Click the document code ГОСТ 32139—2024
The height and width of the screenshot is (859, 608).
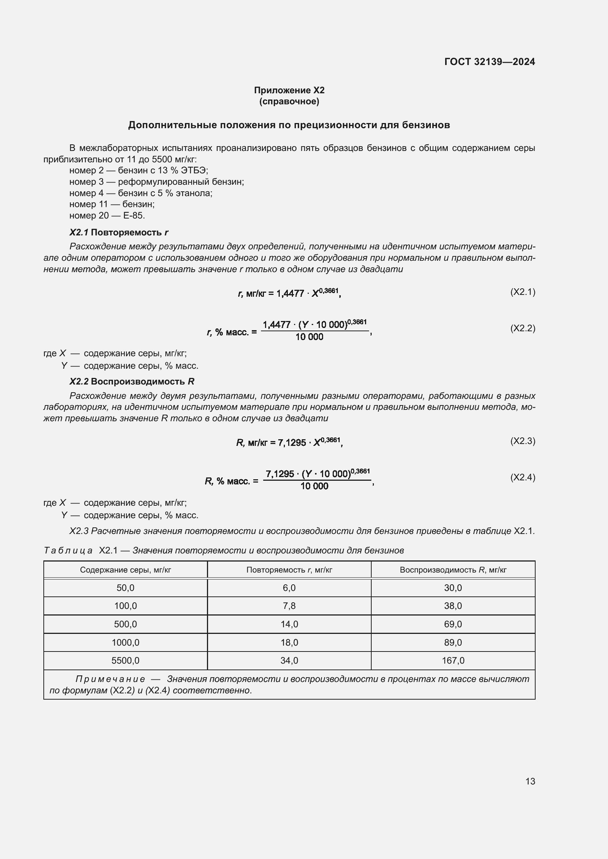pos(489,62)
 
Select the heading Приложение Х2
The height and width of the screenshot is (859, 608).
pos(289,90)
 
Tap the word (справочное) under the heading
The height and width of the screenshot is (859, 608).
pos(289,101)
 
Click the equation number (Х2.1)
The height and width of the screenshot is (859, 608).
pos(523,292)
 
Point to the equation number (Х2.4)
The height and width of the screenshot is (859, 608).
pos(523,477)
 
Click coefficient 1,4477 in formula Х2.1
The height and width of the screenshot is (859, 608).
pos(290,294)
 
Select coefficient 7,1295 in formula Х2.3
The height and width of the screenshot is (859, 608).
pos(292,443)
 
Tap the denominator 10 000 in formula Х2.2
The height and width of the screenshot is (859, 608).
pos(309,337)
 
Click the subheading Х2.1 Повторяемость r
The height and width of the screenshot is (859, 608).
pos(119,232)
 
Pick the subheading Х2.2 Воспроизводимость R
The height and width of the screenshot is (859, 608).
pos(132,382)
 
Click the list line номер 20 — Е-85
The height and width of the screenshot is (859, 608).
pos(107,216)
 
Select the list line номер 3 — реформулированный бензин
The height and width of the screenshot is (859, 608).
pos(157,182)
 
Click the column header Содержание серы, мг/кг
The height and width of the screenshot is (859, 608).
pos(125,570)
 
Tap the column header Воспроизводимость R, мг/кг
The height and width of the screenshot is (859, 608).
pos(453,570)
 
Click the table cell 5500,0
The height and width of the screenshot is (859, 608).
pos(125,661)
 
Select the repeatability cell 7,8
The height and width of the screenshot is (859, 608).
pos(289,606)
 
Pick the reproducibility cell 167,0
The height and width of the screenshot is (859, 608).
pos(453,661)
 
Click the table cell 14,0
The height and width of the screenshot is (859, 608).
pos(289,624)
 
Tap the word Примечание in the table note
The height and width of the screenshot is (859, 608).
pos(110,679)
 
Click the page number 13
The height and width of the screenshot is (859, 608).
pos(530,781)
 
